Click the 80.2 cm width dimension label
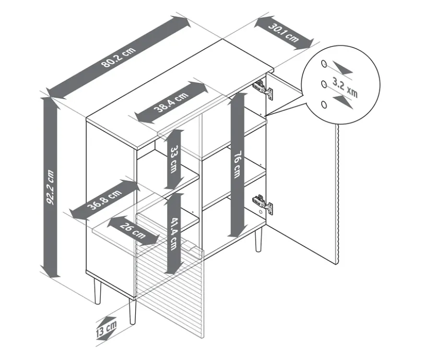point(119,58)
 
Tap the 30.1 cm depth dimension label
point(283,33)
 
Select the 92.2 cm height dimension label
point(50,187)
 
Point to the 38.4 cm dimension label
point(171,102)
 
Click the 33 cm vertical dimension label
point(175,159)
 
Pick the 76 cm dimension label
point(237,165)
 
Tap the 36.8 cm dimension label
point(105,199)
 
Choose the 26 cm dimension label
point(133,231)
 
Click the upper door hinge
point(263,89)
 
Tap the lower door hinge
point(262,205)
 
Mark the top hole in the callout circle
point(324,64)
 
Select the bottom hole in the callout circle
point(324,105)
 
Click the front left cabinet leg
point(97,291)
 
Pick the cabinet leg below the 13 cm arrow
point(132,311)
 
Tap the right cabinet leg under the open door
point(258,239)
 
